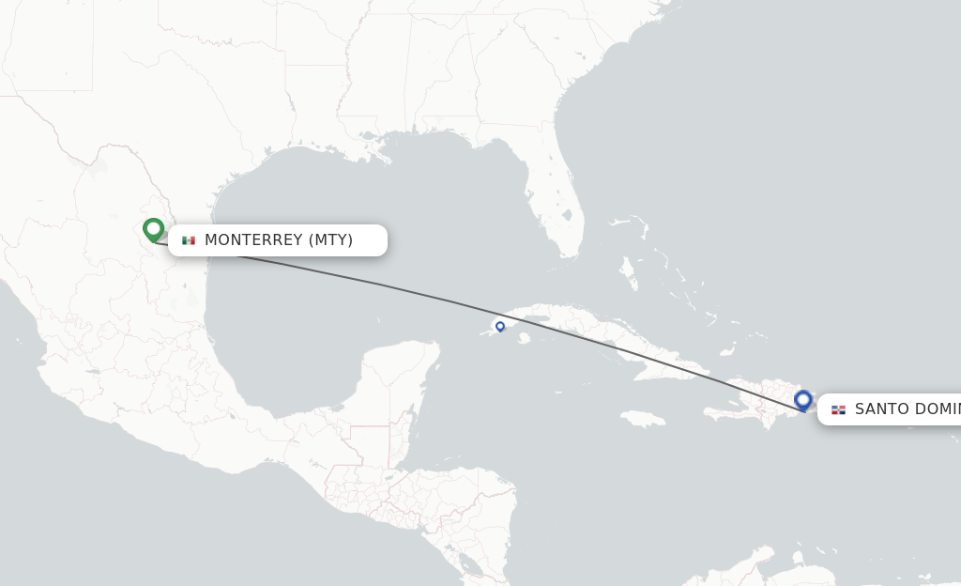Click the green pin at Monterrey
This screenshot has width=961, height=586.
(153, 229)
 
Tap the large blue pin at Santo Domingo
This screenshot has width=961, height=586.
(802, 400)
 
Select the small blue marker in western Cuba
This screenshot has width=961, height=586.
(500, 326)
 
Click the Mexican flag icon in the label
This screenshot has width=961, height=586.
(189, 240)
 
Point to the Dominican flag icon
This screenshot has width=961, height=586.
(838, 409)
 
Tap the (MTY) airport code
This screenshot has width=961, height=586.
(331, 240)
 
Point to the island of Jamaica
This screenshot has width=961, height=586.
(644, 418)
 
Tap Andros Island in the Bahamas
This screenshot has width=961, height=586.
(627, 272)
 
